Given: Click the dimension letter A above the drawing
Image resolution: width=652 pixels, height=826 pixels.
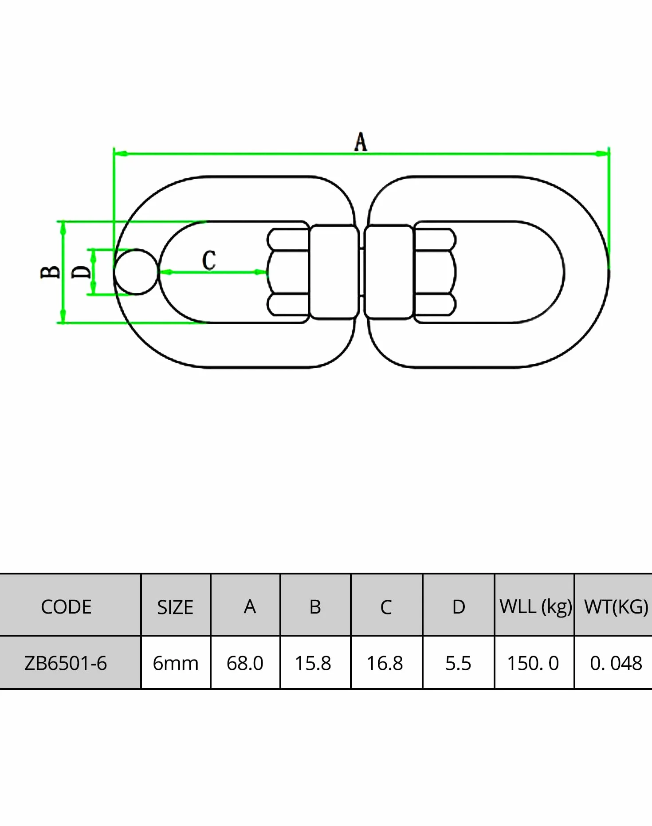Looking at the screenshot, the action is [x=361, y=142].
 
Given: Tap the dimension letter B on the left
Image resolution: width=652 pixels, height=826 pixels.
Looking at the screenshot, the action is [x=50, y=272].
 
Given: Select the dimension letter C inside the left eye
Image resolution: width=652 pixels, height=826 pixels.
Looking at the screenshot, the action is [x=209, y=260].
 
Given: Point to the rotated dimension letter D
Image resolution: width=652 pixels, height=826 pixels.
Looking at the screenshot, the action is [x=81, y=271].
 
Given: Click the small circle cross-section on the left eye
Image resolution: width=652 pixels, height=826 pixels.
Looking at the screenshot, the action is [x=136, y=271].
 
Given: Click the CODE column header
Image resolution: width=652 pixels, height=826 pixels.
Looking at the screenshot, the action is [x=66, y=607].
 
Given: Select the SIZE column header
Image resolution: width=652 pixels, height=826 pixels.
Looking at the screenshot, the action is [x=175, y=607].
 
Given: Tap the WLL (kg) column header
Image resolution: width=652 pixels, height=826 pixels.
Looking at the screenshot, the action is [x=535, y=607].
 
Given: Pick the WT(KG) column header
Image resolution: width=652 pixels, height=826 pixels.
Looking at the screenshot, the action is [x=616, y=607].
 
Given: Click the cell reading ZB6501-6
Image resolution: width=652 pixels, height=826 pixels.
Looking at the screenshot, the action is [x=66, y=663].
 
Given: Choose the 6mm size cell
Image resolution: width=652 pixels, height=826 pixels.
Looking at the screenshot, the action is [x=175, y=664].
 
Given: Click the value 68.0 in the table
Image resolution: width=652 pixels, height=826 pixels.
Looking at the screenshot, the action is [x=245, y=664].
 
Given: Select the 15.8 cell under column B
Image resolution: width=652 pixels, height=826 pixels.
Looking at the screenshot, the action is [x=313, y=664].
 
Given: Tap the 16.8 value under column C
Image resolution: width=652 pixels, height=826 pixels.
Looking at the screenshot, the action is [x=385, y=664].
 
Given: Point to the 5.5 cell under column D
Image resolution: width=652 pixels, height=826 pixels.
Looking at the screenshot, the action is [x=458, y=664].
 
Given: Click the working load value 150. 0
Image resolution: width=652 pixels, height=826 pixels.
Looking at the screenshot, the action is [x=533, y=664].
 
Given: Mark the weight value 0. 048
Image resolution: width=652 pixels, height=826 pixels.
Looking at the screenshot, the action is [x=616, y=664].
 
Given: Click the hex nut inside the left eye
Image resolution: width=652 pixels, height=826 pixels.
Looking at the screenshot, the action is [x=288, y=272].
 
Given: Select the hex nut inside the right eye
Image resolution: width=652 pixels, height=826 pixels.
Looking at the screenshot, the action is [x=435, y=272].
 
